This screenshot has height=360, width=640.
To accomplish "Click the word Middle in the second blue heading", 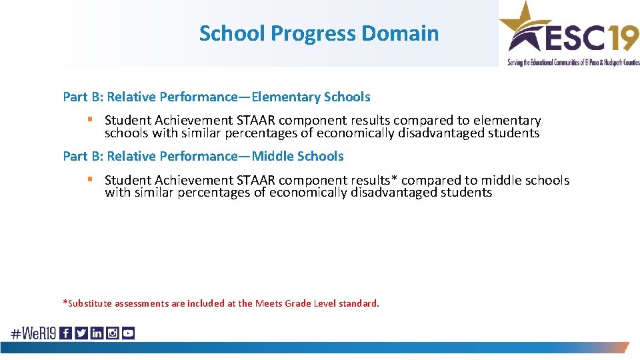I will click(x=273, y=156).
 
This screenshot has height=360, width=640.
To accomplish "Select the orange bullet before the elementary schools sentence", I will click(x=89, y=120).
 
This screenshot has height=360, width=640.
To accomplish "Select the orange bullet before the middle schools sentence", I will click(x=89, y=179).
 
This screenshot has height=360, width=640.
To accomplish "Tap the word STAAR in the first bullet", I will click(x=255, y=121).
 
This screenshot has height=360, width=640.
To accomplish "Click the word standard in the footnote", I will click(x=358, y=303).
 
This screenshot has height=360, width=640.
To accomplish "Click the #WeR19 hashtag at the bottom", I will click(x=33, y=333).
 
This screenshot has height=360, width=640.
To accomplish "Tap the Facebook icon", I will click(x=66, y=333).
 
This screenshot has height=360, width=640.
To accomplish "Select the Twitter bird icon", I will click(x=81, y=333).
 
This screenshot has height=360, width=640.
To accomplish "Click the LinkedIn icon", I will click(x=97, y=333).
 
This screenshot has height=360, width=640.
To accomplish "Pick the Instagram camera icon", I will click(x=112, y=333).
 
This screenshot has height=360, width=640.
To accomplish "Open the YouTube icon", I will click(x=128, y=333).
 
